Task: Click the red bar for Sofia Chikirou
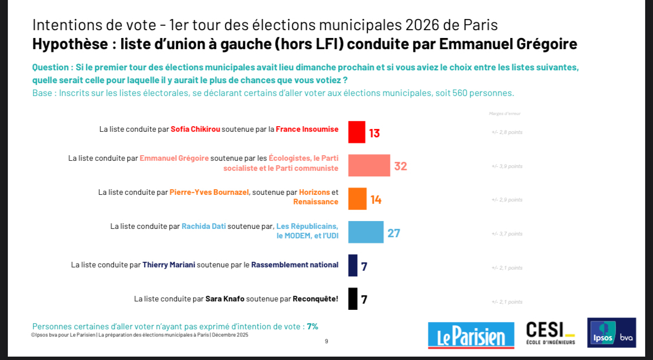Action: pyautogui.click(x=357, y=132)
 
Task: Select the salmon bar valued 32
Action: pyautogui.click(x=369, y=166)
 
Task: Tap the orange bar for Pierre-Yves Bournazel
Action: pyautogui.click(x=357, y=199)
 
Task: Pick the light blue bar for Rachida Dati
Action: pyautogui.click(x=366, y=232)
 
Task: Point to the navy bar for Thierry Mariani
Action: pyautogui.click(x=353, y=266)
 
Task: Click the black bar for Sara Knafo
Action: pyautogui.click(x=353, y=299)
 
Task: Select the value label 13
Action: pyautogui.click(x=374, y=133)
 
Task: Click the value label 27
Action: pyautogui.click(x=394, y=233)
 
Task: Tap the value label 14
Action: pyautogui.click(x=376, y=199)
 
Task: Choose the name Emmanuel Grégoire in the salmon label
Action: pyautogui.click(x=174, y=158)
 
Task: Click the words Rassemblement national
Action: pyautogui.click(x=295, y=265)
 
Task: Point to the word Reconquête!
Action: pyautogui.click(x=315, y=299)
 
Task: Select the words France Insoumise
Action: pyautogui.click(x=307, y=129)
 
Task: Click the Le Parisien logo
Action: pyautogui.click(x=471, y=335)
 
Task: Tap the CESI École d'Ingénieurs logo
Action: pyautogui.click(x=550, y=333)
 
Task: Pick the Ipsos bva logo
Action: pyautogui.click(x=611, y=333)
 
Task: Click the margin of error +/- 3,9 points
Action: pyautogui.click(x=507, y=166)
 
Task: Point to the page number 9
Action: pyautogui.click(x=326, y=341)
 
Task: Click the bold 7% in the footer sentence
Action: pyautogui.click(x=313, y=327)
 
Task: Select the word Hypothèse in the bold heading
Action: pyautogui.click(x=70, y=44)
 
